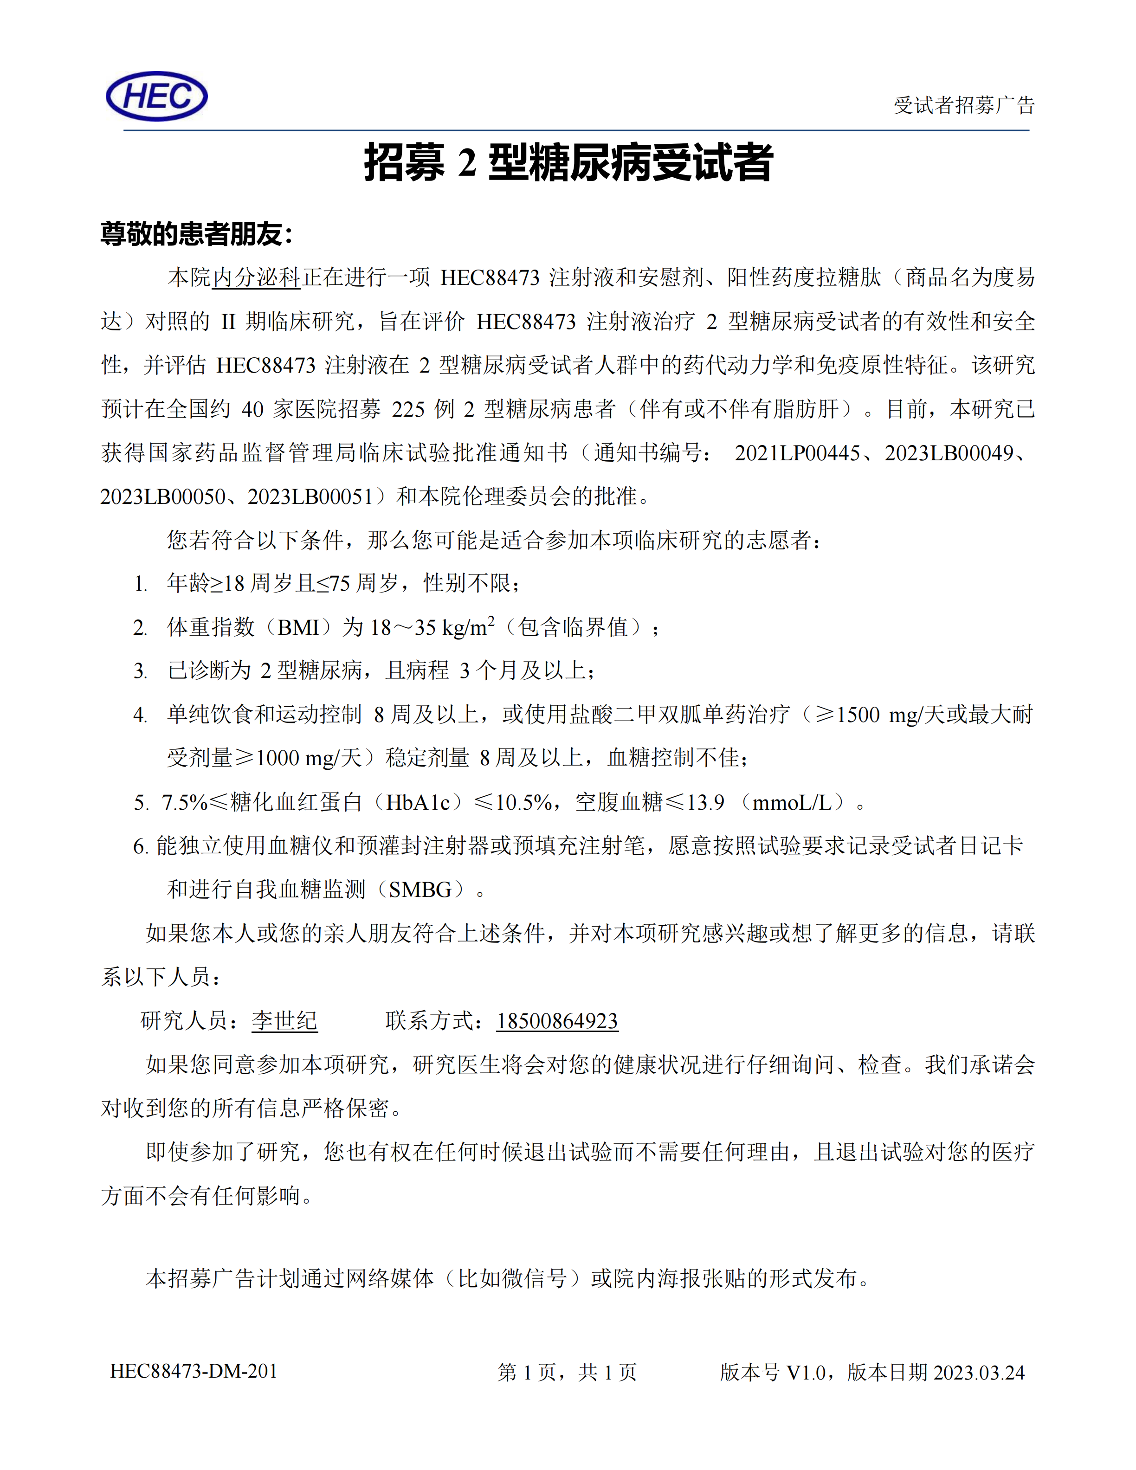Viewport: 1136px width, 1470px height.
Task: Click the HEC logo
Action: click(157, 96)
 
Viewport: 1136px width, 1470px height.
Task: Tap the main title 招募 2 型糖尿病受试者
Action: click(568, 163)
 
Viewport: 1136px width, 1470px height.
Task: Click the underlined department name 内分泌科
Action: click(257, 277)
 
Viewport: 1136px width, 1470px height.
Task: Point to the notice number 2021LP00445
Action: click(797, 453)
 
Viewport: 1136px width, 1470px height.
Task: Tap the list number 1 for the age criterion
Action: click(140, 584)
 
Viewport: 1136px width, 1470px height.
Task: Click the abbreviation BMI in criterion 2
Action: click(297, 628)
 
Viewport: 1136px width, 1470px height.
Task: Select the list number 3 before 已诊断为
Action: click(140, 671)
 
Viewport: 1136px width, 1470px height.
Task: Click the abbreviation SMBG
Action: click(420, 890)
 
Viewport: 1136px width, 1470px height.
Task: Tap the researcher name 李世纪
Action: click(284, 1021)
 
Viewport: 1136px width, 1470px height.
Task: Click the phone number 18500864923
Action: click(557, 1021)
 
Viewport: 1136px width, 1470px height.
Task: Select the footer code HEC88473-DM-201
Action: click(194, 1371)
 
